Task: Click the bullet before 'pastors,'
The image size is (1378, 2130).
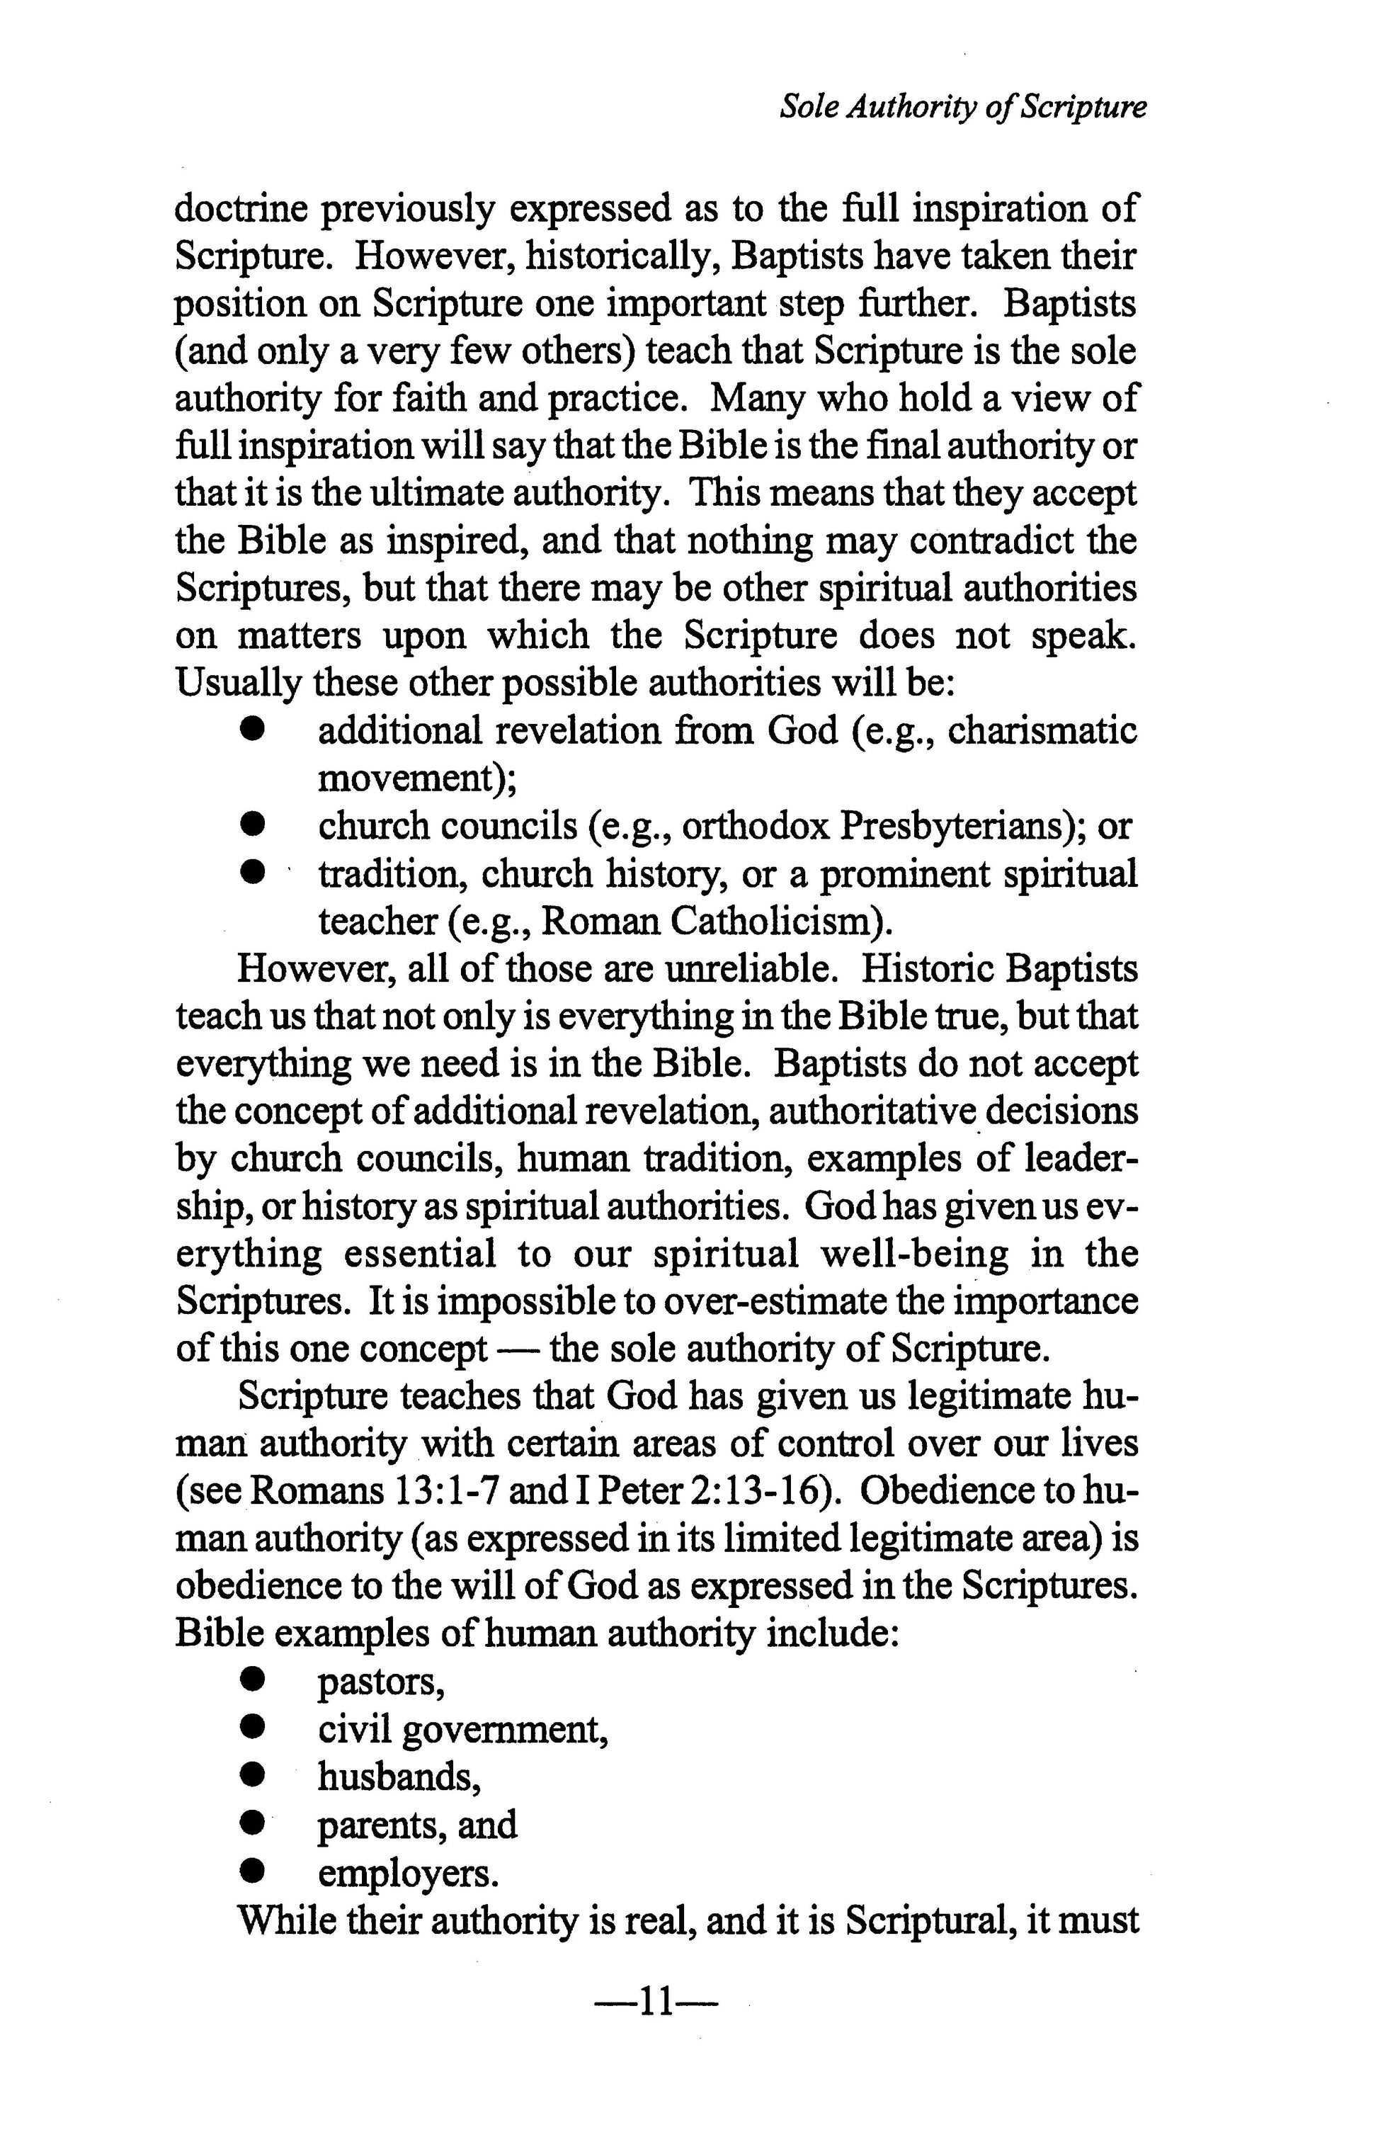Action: (254, 1682)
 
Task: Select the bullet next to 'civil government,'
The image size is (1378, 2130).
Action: (254, 1729)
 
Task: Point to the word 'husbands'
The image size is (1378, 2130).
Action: (397, 1777)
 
